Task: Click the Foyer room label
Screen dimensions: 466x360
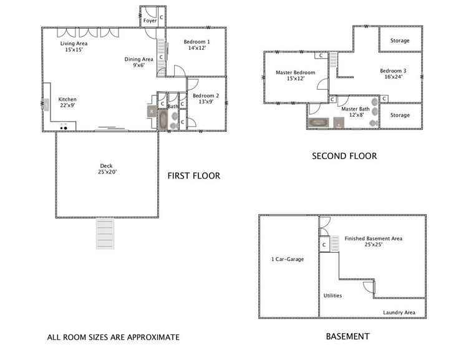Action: coord(150,21)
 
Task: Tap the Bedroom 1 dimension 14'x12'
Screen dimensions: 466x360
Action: coord(197,48)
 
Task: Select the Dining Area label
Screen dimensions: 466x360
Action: coord(138,59)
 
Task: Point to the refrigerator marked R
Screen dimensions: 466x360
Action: coord(152,112)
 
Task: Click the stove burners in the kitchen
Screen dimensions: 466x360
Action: coord(64,128)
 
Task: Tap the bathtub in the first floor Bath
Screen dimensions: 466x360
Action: coord(163,120)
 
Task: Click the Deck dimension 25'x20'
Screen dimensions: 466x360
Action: coord(107,172)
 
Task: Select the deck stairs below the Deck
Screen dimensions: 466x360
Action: coord(105,233)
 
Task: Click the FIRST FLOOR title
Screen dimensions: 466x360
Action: coord(194,176)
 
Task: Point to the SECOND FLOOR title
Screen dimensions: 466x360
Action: coord(344,156)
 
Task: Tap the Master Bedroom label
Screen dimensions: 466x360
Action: coord(296,72)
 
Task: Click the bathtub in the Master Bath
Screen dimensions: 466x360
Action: coord(319,122)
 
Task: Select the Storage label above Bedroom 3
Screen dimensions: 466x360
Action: coord(400,41)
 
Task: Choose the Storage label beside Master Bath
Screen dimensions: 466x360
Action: coord(400,115)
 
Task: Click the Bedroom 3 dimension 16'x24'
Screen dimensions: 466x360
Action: coord(393,77)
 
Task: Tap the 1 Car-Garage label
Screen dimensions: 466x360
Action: coord(288,259)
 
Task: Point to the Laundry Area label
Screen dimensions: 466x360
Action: coord(399,313)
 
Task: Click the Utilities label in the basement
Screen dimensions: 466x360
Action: coord(333,296)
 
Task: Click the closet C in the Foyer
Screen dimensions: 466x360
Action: coord(162,17)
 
